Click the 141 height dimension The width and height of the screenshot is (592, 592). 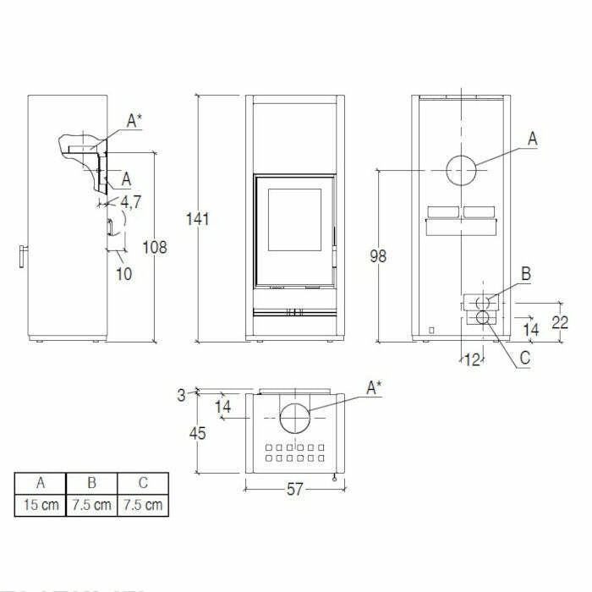coord(198,219)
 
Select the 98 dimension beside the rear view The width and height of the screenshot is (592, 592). coord(378,255)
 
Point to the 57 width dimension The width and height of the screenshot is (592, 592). coord(293,490)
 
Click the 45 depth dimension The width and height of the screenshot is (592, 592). coord(198,433)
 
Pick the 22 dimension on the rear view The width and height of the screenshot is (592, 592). coord(558,321)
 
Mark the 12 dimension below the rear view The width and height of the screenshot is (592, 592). coord(472,360)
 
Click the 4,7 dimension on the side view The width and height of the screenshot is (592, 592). coord(131,202)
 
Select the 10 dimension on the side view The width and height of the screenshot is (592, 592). coord(124,274)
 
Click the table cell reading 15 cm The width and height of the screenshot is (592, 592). coord(40,506)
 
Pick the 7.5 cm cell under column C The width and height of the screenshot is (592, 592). coord(142,506)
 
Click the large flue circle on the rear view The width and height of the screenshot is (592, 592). coord(461,170)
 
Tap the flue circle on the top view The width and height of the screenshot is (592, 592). coord(294,419)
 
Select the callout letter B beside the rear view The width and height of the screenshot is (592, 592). coord(525,274)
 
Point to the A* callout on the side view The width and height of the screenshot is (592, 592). coord(134,122)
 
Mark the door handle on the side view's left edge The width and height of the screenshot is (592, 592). coord(23,255)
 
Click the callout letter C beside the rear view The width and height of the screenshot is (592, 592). coord(524,358)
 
